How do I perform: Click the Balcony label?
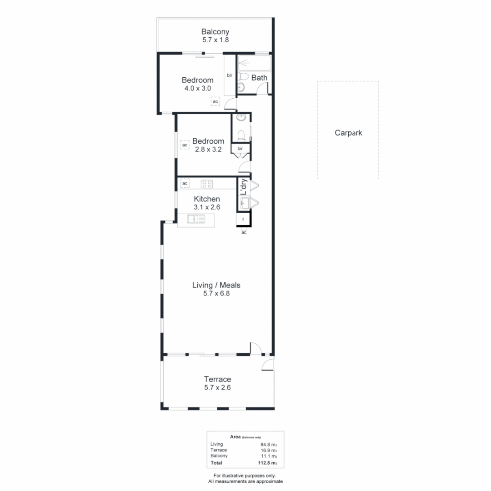[x=215, y=32]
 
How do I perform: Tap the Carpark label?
[x=348, y=133]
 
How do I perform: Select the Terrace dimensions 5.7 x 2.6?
[x=217, y=388]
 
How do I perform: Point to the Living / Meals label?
[x=216, y=285]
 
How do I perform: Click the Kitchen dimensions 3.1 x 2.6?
[x=207, y=207]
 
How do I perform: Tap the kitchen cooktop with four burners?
[x=207, y=184]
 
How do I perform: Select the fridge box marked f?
[x=244, y=220]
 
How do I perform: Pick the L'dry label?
[x=243, y=187]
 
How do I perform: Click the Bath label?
[x=259, y=78]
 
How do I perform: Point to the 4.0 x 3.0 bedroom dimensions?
[x=197, y=89]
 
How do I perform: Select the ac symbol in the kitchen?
[x=185, y=184]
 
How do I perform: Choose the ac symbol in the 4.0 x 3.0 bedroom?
[x=215, y=102]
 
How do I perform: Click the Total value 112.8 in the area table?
[x=266, y=463]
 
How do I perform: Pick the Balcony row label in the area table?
[x=219, y=456]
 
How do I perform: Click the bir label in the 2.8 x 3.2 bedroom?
[x=240, y=149]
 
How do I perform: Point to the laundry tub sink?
[x=244, y=203]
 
